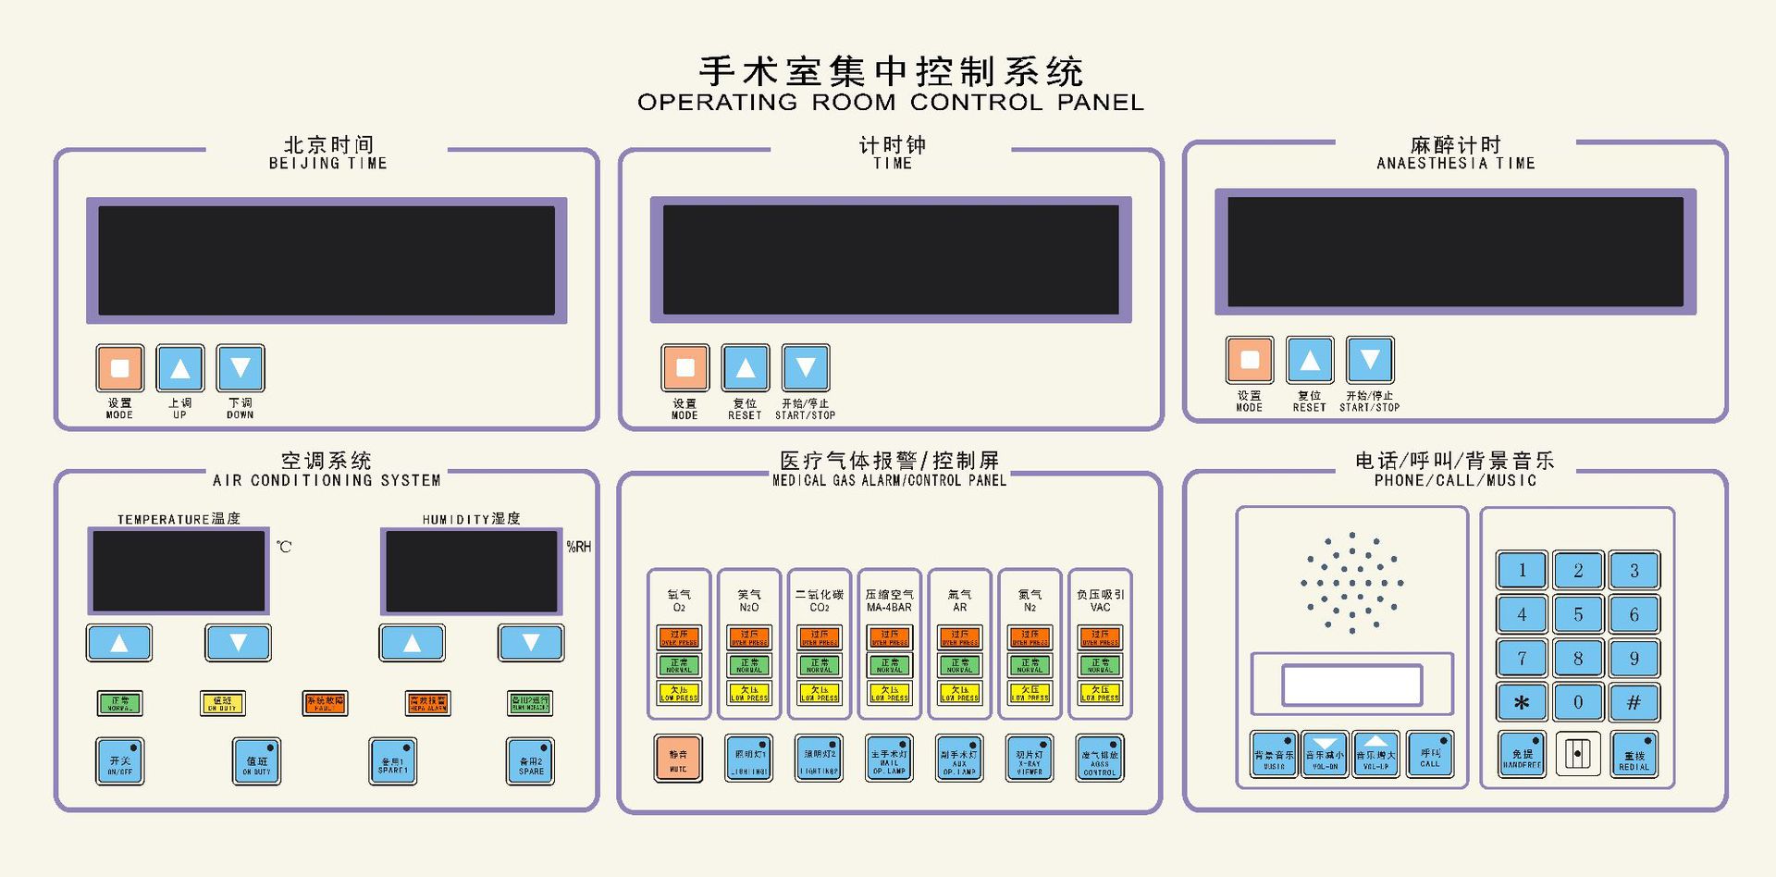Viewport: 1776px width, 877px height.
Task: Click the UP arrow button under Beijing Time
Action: click(180, 368)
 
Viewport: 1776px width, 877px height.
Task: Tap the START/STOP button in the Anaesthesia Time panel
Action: click(1370, 360)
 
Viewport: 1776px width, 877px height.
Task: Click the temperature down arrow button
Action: click(238, 642)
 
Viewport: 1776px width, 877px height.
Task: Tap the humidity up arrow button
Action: click(412, 642)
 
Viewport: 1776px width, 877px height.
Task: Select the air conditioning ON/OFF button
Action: click(120, 761)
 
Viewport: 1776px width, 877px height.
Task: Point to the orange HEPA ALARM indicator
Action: click(427, 703)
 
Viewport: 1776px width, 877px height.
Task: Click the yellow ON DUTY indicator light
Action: click(223, 703)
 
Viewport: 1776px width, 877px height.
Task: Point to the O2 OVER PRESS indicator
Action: click(679, 637)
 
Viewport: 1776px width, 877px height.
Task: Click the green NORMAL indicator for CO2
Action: click(820, 665)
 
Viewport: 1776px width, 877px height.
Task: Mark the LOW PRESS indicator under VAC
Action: click(1100, 693)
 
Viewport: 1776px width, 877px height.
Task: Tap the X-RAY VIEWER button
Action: click(1030, 759)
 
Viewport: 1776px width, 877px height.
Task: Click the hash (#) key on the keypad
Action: click(1634, 702)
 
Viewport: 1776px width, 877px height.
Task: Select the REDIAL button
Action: click(1634, 756)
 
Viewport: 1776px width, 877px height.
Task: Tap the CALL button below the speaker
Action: click(1430, 755)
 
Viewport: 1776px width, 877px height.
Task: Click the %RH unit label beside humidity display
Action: click(579, 547)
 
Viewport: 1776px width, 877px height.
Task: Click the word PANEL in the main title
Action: click(1101, 102)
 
